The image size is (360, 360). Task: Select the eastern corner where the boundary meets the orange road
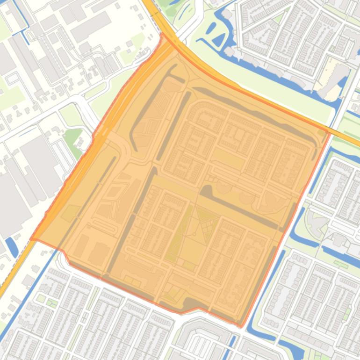coord(330,132)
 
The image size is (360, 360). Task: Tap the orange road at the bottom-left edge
coord(6,285)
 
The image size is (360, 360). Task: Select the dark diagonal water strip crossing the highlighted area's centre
coord(243,206)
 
